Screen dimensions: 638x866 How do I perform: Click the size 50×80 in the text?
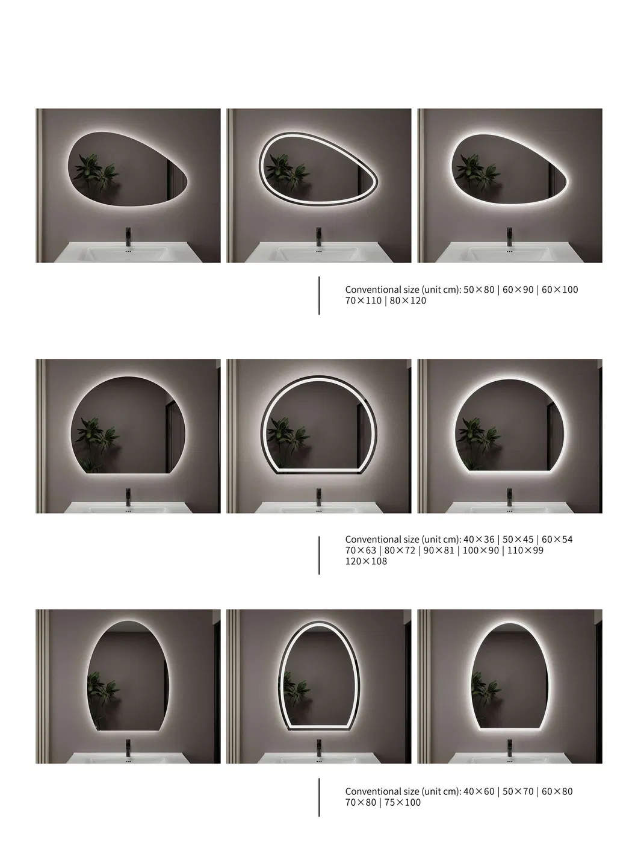478,290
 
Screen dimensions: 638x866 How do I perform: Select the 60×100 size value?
560,290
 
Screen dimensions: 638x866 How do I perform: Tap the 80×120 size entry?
407,301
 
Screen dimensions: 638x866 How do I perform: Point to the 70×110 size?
364,301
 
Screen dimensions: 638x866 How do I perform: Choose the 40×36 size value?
478,540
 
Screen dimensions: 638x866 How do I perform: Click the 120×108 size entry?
366,561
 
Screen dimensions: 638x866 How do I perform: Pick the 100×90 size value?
481,550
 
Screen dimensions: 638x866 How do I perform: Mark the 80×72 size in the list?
400,550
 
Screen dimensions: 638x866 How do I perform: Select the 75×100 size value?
402,803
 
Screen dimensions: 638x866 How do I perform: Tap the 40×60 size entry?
478,791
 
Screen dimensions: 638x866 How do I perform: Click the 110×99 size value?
525,550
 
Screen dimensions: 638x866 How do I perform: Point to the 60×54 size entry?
557,540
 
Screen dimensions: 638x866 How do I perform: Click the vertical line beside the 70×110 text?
319,295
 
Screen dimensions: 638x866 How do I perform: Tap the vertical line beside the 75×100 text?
319,797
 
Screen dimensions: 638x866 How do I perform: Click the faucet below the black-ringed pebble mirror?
319,237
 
